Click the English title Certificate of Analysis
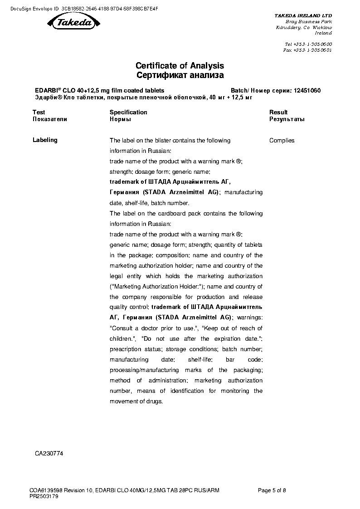180,66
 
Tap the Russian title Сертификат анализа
180,75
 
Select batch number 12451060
307,90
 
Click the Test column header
39,112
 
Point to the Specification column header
128,112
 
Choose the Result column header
278,112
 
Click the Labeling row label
45,140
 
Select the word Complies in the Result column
282,141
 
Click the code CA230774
49,453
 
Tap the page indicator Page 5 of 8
272,490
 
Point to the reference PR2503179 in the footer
44,496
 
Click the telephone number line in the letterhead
308,44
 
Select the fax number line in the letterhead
308,50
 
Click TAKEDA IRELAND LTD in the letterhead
303,16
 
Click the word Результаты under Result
287,119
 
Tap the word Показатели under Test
49,119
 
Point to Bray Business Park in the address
309,22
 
